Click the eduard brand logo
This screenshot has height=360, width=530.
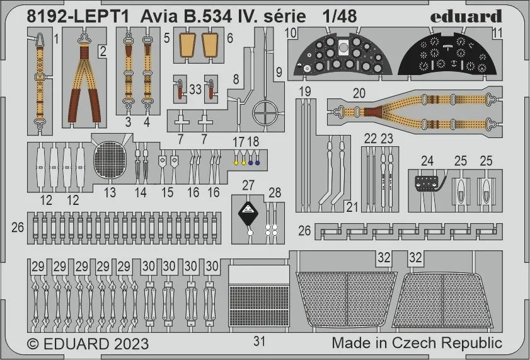[x=466, y=16]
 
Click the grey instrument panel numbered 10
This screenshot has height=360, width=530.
[x=342, y=54]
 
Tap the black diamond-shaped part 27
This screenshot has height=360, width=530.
[x=248, y=212]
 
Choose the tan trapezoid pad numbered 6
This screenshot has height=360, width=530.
[x=210, y=45]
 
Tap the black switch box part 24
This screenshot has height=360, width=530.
[x=427, y=183]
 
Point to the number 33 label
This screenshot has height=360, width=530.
[x=195, y=90]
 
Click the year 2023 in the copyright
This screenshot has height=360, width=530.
[x=131, y=344]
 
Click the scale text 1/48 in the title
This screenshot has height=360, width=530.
[x=339, y=16]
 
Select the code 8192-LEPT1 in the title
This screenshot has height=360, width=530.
[x=78, y=16]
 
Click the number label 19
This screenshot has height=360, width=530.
[x=305, y=91]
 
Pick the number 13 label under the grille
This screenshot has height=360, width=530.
[x=110, y=193]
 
